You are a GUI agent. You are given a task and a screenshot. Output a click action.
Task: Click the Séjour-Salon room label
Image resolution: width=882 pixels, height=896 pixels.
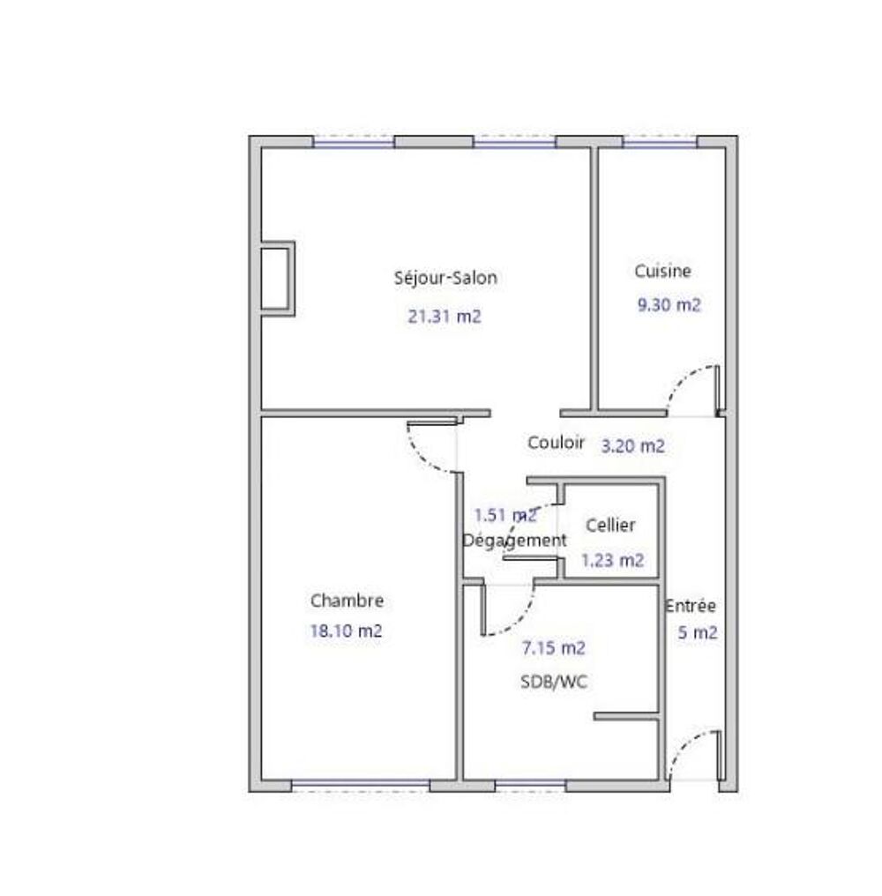[445, 278]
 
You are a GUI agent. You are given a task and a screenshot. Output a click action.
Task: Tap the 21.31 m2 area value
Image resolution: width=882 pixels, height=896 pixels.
[445, 316]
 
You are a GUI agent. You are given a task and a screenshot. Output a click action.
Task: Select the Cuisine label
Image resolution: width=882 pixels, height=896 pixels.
[662, 271]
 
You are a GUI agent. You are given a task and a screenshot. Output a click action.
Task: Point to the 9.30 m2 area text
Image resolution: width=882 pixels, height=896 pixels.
[669, 304]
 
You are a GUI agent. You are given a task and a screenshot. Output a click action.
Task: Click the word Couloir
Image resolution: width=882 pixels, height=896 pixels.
[556, 443]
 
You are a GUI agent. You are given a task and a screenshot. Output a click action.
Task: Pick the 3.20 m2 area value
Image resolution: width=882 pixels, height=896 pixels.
[632, 445]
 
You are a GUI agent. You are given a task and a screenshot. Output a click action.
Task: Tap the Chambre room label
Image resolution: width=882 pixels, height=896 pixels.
[347, 601]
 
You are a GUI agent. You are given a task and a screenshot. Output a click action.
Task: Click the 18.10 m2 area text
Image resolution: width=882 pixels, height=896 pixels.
[346, 631]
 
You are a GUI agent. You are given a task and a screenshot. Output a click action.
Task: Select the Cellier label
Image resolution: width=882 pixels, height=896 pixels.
[610, 525]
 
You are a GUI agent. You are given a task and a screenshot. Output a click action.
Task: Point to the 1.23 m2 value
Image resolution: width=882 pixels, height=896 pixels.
[612, 560]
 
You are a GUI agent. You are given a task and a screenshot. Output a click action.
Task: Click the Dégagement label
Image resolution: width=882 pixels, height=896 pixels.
[514, 541]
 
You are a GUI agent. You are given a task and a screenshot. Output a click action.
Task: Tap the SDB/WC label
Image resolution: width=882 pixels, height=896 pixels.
[554, 682]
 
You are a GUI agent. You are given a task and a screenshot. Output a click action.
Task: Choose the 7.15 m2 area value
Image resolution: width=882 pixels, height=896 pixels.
[553, 648]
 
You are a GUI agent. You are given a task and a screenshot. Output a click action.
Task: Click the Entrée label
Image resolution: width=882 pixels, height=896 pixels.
[690, 606]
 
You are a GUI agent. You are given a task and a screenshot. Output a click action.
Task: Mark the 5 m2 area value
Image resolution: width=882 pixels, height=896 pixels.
[698, 632]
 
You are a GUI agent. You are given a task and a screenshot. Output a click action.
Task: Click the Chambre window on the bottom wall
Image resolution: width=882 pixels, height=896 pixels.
[360, 786]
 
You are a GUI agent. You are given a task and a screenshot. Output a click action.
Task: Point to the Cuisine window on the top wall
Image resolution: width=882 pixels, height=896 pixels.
[660, 142]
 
